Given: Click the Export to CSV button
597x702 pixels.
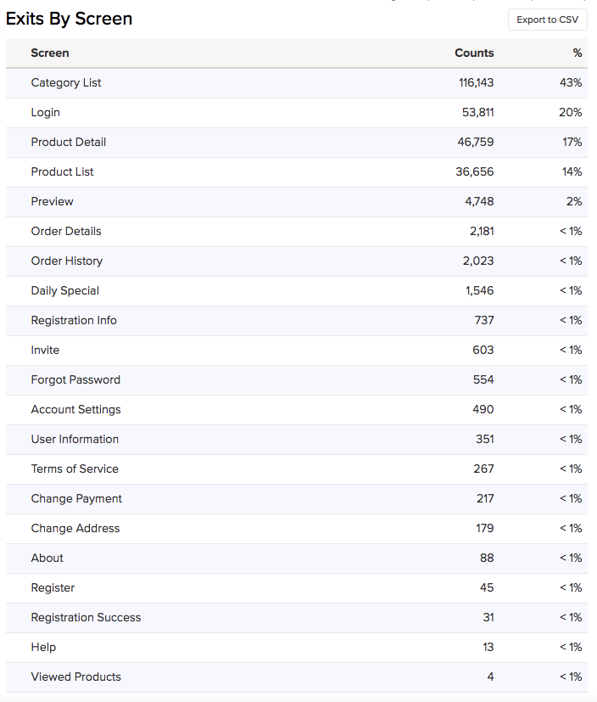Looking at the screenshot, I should point(547,20).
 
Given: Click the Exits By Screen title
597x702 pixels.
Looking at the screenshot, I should point(70,19).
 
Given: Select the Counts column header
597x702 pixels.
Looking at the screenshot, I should point(474,53).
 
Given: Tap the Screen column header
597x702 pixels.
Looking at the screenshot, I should point(50,53).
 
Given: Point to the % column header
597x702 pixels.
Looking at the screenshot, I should point(577,53).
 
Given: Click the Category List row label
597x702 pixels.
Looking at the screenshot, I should point(66,82).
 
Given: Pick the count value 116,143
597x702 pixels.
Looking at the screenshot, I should point(476,82).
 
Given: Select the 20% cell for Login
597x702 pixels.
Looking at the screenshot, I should point(571,112).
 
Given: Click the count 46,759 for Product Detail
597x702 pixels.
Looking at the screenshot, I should point(476,142).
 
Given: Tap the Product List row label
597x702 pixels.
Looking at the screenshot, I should point(63,171).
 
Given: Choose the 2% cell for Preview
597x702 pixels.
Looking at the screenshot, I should point(574,201).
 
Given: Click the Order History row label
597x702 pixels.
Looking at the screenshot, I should point(67,261).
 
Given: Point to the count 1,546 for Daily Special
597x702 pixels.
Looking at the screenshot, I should point(479,290).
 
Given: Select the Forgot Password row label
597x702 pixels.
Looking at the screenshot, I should point(75,379).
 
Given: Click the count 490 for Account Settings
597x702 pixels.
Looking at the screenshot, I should point(483,409).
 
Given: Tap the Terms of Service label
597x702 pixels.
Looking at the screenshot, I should point(75,469).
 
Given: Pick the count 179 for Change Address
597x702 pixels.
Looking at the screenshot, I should point(484,528).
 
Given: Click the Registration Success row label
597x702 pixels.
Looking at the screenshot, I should point(86,617).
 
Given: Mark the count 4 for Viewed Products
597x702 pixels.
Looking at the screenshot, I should point(490,677).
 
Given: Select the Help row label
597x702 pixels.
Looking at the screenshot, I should point(43,647).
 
